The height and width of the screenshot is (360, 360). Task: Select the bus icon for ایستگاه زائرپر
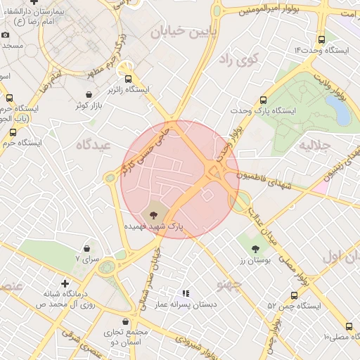click(128, 78)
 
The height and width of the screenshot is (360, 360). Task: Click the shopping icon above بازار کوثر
click(89, 94)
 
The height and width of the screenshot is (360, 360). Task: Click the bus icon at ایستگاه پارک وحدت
click(264, 101)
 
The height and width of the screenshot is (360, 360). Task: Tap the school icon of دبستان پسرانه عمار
click(186, 293)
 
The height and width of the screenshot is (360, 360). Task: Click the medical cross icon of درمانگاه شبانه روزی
click(65, 283)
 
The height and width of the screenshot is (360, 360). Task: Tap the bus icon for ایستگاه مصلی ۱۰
click(349, 326)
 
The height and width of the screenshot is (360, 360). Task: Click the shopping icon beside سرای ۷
click(87, 247)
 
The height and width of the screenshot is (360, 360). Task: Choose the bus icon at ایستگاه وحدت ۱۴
click(322, 40)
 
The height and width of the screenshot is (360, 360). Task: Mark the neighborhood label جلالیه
click(314, 146)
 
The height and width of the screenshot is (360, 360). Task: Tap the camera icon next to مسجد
click(6, 35)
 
